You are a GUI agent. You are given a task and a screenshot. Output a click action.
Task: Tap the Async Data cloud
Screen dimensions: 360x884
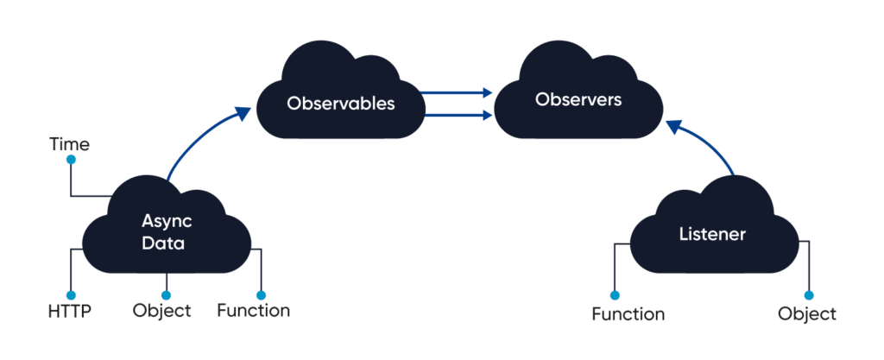(x=163, y=232)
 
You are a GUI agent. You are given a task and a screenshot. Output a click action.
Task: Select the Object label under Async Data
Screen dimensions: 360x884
(x=162, y=310)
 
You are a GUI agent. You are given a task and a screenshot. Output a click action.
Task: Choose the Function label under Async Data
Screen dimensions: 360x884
(x=254, y=310)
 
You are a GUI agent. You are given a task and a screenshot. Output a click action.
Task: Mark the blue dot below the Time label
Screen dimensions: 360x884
(x=71, y=160)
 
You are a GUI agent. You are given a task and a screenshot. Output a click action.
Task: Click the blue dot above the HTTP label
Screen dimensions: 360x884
(x=71, y=294)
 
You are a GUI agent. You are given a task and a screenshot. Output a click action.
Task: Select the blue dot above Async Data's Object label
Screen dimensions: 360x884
(x=165, y=294)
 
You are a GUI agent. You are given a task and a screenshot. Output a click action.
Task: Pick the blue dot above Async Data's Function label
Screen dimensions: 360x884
(x=260, y=294)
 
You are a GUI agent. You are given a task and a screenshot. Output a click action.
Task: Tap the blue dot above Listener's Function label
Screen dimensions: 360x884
(x=615, y=295)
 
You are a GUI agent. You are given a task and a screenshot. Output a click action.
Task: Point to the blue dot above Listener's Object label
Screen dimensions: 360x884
(x=809, y=295)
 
